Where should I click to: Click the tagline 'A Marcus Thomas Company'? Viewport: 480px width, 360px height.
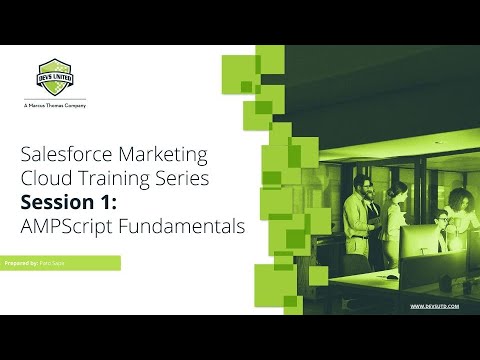point(54,105)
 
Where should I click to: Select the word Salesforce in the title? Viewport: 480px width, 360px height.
point(63,155)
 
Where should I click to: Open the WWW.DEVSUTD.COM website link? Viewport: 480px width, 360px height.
point(434,306)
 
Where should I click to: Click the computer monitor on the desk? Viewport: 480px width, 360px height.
point(424,240)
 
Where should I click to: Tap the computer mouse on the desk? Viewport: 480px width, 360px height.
point(392,277)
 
